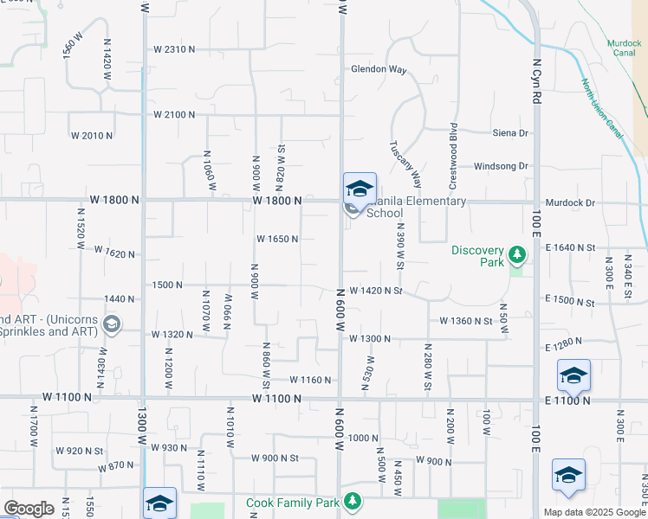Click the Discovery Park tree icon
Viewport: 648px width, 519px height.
click(x=517, y=254)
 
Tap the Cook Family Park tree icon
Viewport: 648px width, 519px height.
click(x=353, y=501)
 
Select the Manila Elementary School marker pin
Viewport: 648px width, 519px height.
click(x=360, y=189)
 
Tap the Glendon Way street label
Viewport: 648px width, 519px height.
click(x=379, y=69)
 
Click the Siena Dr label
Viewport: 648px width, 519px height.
click(x=510, y=133)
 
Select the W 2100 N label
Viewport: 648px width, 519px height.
click(x=174, y=114)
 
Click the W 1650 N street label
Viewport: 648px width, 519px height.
click(x=278, y=240)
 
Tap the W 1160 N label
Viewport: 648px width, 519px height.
click(x=311, y=380)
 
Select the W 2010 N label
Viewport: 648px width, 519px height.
click(x=92, y=136)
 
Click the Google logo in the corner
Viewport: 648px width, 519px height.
click(x=29, y=509)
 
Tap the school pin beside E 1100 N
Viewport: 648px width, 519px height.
click(x=573, y=375)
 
